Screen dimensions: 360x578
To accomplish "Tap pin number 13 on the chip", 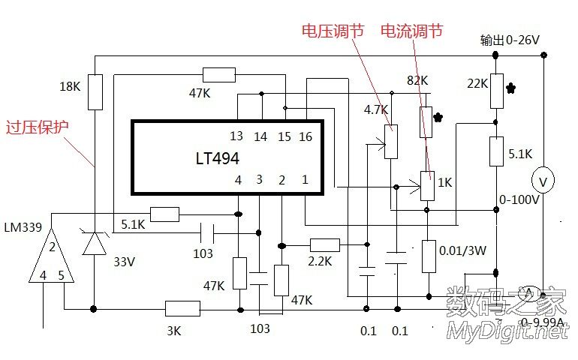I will click(236, 136).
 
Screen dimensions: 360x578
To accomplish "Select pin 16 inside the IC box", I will click(306, 136).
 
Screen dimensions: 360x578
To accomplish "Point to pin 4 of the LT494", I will click(238, 180).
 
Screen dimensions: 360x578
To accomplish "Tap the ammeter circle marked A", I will click(530, 292).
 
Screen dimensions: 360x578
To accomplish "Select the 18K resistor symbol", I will click(95, 91).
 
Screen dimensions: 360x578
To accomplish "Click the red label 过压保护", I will click(37, 127).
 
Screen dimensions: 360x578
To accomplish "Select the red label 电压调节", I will click(333, 31).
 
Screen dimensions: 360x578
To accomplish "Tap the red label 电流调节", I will click(411, 31).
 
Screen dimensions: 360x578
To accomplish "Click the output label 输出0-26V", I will click(510, 40).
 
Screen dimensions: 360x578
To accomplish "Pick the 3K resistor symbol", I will click(182, 308).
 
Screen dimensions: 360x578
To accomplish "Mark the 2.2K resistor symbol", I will click(325, 244).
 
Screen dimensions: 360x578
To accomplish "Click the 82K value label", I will click(417, 80).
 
